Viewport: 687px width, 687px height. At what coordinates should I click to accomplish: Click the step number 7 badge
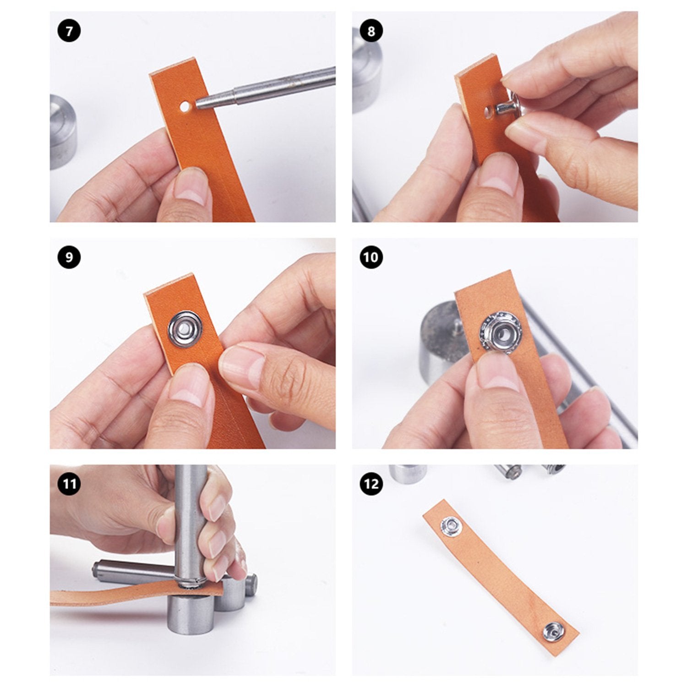coord(69,32)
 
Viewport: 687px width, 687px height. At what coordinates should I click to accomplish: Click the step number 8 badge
coord(371,31)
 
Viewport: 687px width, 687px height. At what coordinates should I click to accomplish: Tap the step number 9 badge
coord(69,257)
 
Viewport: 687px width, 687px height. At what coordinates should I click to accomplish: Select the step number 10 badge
coord(371,257)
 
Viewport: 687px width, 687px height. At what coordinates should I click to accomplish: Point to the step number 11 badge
coord(69,484)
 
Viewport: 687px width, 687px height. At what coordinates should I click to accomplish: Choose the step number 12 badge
coord(371,484)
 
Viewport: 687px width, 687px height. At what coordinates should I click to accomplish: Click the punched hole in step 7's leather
coord(185,108)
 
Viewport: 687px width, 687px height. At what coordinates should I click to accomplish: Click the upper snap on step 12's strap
coord(450,524)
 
